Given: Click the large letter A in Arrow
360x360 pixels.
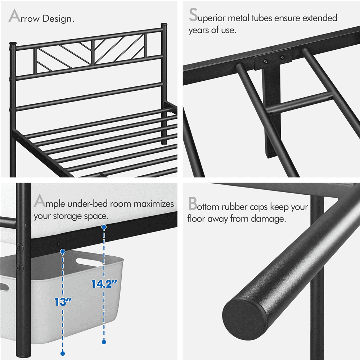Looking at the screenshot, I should pyautogui.click(x=14, y=17).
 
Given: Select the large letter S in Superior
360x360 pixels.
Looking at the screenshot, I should pyautogui.click(x=193, y=17).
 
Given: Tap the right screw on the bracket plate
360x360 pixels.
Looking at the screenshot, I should pyautogui.click(x=282, y=56).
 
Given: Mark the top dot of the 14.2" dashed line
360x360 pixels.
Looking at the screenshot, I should pyautogui.click(x=104, y=227).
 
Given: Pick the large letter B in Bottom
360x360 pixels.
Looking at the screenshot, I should pyautogui.click(x=193, y=204).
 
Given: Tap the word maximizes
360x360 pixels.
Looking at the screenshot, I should pyautogui.click(x=154, y=204).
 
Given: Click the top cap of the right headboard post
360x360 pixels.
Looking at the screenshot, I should pyautogui.click(x=164, y=26).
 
